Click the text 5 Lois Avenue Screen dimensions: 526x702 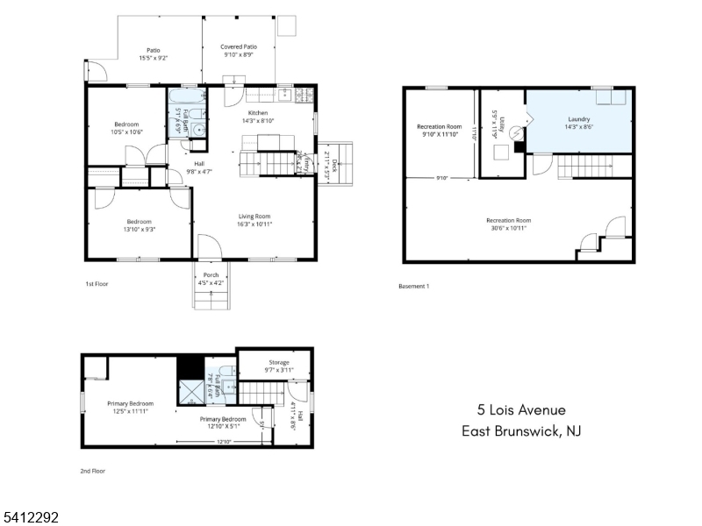coord(521,409)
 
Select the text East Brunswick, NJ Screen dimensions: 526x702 coord(521,431)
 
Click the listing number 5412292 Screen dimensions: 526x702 coord(30,518)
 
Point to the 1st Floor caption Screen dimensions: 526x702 coord(97,284)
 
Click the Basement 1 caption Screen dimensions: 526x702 coord(413,287)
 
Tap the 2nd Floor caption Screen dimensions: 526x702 coord(92,471)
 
